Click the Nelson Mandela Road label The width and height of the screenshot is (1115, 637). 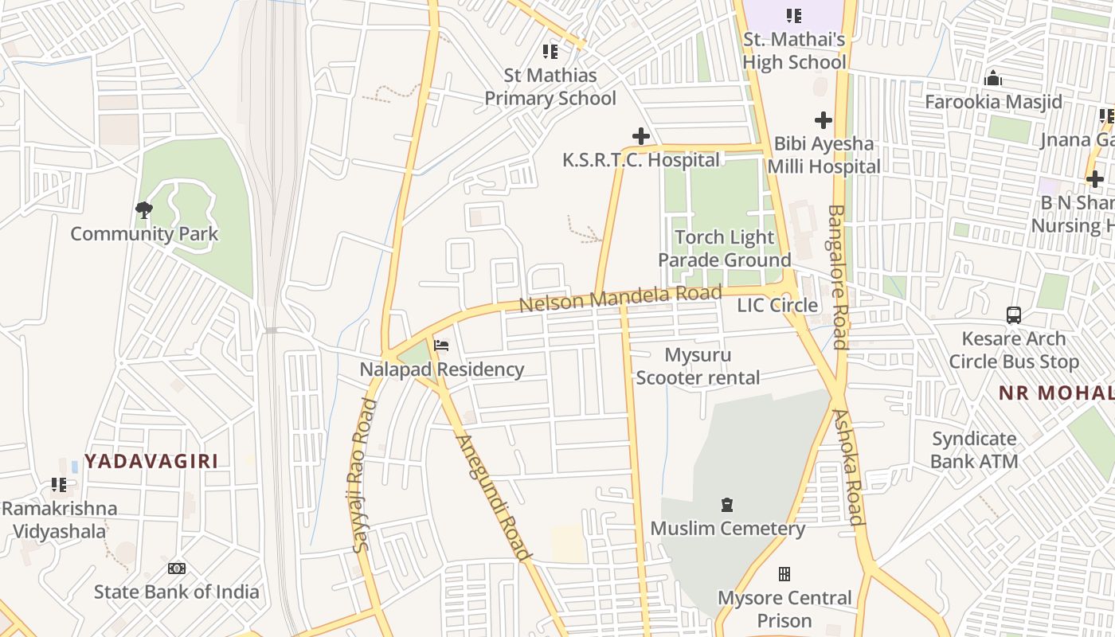tap(620, 297)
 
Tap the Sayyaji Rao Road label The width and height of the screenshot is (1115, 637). tap(362, 475)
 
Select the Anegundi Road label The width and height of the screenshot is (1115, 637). tap(493, 498)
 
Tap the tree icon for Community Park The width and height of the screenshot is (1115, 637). tap(144, 210)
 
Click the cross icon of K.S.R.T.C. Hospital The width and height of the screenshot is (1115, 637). tap(640, 136)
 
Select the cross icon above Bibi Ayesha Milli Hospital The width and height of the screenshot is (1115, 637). tap(824, 120)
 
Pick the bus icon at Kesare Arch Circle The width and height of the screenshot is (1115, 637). tap(1013, 315)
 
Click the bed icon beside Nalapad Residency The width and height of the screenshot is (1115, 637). tap(441, 346)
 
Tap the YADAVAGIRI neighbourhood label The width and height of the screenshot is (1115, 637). tap(151, 461)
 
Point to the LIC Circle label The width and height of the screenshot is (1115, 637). tap(777, 306)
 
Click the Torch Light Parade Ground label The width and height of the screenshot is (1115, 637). tap(724, 248)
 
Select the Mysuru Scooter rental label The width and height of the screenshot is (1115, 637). tap(698, 366)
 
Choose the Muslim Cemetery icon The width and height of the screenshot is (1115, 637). tap(726, 505)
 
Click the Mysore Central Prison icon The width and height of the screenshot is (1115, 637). tap(784, 574)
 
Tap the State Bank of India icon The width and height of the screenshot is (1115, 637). tap(177, 569)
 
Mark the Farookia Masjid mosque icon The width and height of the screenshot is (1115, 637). tap(992, 79)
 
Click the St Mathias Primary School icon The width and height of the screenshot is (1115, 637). tap(550, 52)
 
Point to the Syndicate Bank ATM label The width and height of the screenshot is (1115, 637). tap(974, 450)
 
